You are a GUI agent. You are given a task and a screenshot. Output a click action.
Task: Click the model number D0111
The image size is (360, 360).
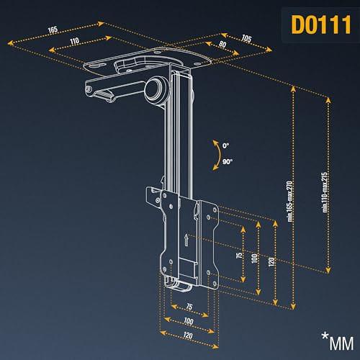[321, 24]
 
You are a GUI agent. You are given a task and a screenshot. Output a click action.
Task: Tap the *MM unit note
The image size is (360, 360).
[338, 341]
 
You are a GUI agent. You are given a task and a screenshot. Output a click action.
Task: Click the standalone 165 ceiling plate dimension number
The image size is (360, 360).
[53, 30]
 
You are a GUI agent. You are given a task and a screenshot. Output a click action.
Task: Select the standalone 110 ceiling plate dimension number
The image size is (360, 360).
[75, 41]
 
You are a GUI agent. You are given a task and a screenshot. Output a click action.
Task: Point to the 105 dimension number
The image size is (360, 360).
[246, 38]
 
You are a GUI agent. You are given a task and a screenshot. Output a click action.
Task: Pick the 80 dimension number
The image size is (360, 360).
[222, 44]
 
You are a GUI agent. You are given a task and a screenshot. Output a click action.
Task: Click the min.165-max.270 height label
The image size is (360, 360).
[290, 201]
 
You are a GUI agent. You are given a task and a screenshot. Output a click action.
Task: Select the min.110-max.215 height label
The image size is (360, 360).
[325, 192]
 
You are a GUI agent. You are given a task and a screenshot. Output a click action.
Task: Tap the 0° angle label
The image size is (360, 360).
[225, 145]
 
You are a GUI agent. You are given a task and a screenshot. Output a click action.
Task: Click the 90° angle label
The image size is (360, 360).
[228, 162]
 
